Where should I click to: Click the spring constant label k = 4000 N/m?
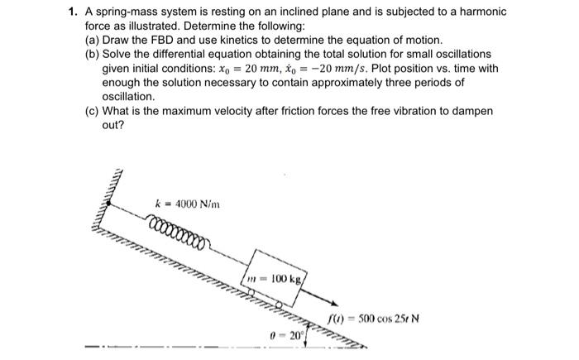point(187,204)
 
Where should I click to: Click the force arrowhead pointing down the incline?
point(334,304)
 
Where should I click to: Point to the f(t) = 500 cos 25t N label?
point(374,319)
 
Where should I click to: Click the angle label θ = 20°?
point(286,336)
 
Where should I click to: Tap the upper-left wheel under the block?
point(251,292)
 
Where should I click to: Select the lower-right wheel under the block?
point(279,305)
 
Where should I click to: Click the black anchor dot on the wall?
point(108,203)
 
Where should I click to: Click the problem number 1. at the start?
point(73,12)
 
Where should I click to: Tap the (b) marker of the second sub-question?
point(92,55)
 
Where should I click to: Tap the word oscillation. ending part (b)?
point(128,97)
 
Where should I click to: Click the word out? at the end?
point(113,125)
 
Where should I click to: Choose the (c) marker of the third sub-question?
point(92,111)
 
